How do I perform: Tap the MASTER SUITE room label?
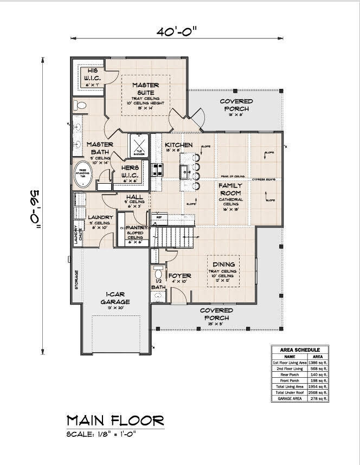[145, 89]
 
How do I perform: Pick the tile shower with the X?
[139, 146]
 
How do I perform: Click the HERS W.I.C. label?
[130, 172]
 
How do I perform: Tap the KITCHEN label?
[179, 145]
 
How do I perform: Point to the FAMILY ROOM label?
[230, 189]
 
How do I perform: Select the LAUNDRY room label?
[100, 218]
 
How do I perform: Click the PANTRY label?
[136, 228]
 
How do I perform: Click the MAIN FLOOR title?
[115, 420]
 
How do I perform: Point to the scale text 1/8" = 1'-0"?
[101, 434]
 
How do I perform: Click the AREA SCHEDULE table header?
[300, 350]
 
